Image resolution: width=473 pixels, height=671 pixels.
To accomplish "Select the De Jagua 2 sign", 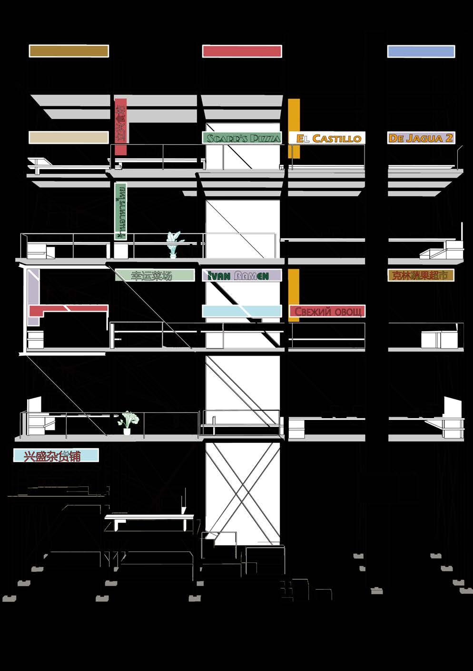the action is pos(421,138).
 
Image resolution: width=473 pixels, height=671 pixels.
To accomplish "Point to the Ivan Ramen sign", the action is pos(242,275).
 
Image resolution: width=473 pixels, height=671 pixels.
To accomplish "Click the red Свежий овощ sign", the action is pos(327,311).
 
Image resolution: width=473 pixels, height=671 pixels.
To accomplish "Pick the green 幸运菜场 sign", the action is pos(155,275).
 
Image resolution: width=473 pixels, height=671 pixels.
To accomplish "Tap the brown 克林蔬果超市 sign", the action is pos(420,275).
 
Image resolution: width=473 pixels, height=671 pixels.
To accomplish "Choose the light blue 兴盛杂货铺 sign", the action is pos(56,456).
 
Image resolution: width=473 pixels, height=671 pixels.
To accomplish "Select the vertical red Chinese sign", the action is pos(121,126).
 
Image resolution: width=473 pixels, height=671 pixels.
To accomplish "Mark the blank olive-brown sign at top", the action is pos(69,51).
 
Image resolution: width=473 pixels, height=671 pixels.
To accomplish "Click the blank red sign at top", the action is pos(242,51).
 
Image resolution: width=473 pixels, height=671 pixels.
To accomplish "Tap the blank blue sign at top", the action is pos(421,51).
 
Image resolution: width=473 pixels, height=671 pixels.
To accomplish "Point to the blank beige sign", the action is pos(69,138).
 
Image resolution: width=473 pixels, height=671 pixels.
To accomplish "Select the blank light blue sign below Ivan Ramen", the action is pos(242,311).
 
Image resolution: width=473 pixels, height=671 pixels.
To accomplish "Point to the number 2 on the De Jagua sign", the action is pos(448,138).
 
